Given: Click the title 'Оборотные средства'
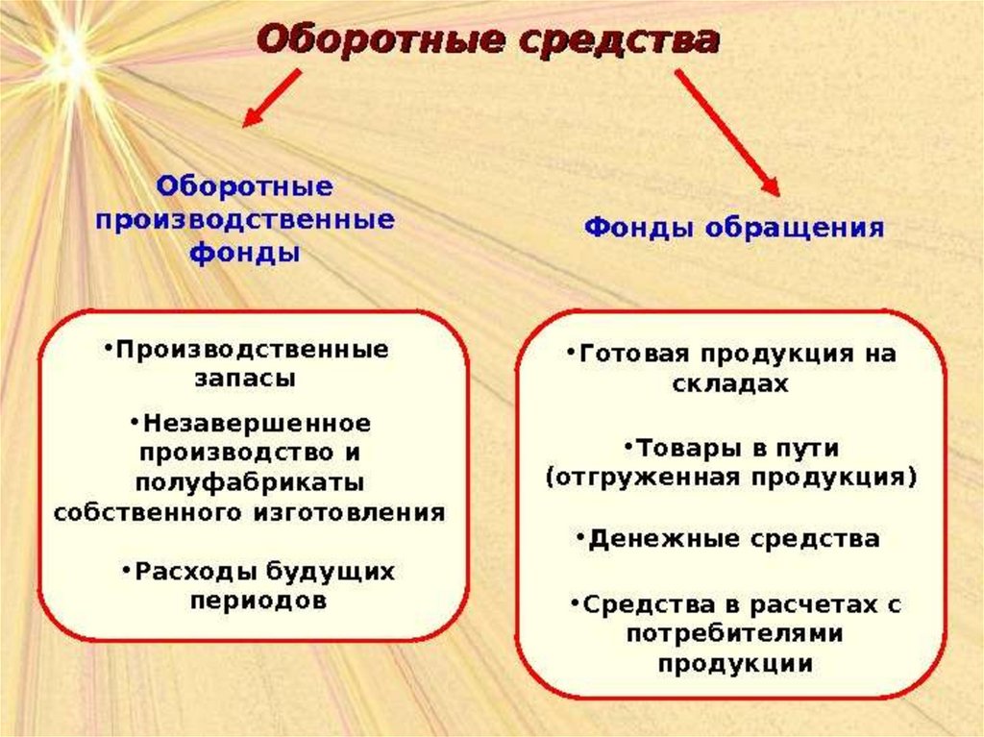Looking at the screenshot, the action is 488,41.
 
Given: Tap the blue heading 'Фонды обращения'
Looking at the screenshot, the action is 734,228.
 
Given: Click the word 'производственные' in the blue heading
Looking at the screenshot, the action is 245,218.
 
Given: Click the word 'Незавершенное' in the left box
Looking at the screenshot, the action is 253,423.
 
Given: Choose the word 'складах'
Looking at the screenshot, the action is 730,383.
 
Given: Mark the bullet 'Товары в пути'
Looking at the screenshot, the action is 731,448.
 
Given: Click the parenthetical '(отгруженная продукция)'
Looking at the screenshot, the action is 730,478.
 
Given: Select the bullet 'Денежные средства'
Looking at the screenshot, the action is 728,538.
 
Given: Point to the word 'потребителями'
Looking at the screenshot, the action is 734,633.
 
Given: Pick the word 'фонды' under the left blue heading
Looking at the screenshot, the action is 244,254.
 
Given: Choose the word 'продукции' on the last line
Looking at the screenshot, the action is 735,663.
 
